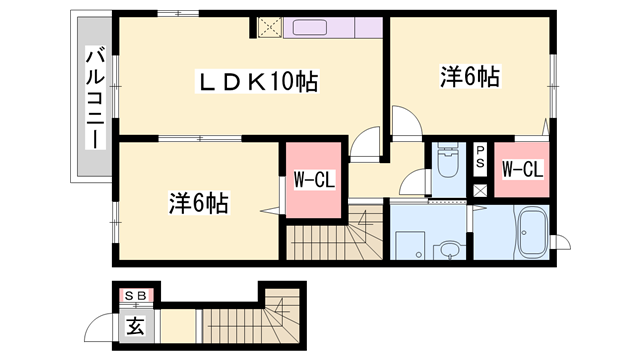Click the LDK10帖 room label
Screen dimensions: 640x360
[258, 81]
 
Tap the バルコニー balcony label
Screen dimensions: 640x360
[95, 97]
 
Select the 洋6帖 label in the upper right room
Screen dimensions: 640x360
[470, 76]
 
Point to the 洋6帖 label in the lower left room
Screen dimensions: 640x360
[199, 202]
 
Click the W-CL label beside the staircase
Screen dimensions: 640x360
[314, 180]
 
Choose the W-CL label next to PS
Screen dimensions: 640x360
[522, 169]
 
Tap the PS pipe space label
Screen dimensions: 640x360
[480, 157]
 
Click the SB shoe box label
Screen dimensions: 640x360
[136, 296]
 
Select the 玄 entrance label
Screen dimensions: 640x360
[136, 325]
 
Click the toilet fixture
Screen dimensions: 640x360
[448, 160]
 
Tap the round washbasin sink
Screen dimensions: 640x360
[450, 250]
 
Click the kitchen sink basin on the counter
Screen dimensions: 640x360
[309, 28]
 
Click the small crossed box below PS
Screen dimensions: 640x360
[480, 191]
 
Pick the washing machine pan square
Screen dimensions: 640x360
[410, 246]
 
